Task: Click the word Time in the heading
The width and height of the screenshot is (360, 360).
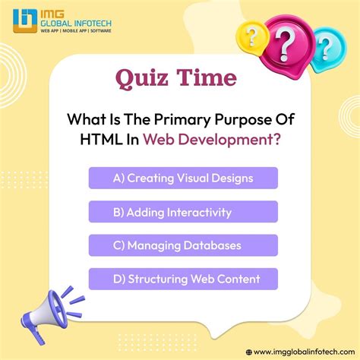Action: [x=206, y=78]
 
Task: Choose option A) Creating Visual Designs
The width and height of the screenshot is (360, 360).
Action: [x=182, y=178]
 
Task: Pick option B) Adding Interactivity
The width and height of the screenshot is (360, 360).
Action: [x=182, y=212]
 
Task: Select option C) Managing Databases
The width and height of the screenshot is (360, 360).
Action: [x=182, y=245]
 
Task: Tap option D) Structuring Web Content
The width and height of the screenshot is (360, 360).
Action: [x=182, y=279]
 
